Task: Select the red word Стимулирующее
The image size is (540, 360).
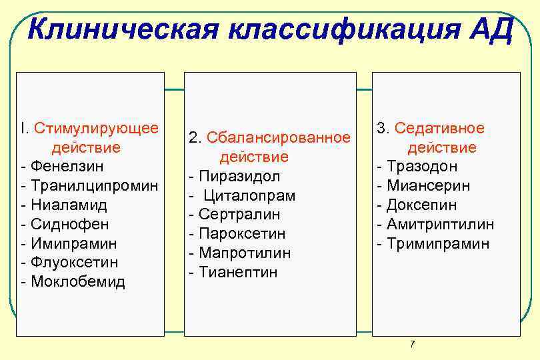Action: pos(97,127)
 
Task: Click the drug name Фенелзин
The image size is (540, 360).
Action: pos(63,165)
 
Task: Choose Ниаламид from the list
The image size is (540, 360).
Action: pos(69,204)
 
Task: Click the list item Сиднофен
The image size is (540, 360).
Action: pos(69,223)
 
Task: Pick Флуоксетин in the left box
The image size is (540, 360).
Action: pos(74,262)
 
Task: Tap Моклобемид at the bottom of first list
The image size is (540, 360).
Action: pos(77,281)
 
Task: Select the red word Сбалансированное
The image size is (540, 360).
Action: pos(279,137)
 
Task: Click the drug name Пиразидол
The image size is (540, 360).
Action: pos(239,176)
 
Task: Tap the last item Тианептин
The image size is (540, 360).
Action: pos(238,272)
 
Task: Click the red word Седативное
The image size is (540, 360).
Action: pos(440,128)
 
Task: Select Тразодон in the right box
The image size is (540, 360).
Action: pos(422,166)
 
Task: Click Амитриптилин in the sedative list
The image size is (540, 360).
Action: pos(441,224)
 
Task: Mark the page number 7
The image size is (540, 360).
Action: pos(412,344)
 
